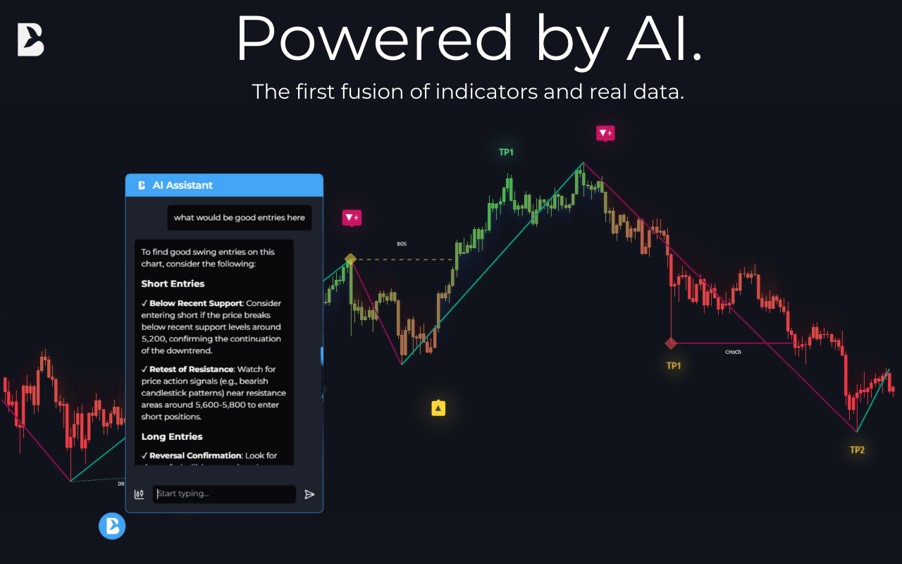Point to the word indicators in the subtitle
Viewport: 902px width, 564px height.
pyautogui.click(x=486, y=92)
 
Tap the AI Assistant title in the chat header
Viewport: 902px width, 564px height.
pyautogui.click(x=183, y=185)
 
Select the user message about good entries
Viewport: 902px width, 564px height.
pyautogui.click(x=239, y=217)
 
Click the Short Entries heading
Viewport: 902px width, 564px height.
pyautogui.click(x=173, y=283)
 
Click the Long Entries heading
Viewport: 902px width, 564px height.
pyautogui.click(x=172, y=436)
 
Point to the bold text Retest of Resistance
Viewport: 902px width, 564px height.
pyautogui.click(x=191, y=369)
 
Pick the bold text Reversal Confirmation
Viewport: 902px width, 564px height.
pyautogui.click(x=196, y=455)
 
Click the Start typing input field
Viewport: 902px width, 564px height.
pyautogui.click(x=224, y=493)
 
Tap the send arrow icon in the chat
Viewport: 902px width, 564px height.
pyautogui.click(x=309, y=494)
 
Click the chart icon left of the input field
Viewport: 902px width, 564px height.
pyautogui.click(x=140, y=494)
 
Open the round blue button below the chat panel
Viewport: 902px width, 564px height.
pyautogui.click(x=112, y=526)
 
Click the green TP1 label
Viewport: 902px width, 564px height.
pyautogui.click(x=506, y=152)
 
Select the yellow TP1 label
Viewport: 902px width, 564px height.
pyautogui.click(x=674, y=366)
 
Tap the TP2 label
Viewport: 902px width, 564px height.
pyautogui.click(x=857, y=450)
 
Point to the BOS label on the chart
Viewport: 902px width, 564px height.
pyautogui.click(x=402, y=244)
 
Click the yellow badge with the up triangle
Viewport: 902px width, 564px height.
pyautogui.click(x=438, y=407)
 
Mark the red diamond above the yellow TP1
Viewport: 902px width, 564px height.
pyautogui.click(x=671, y=343)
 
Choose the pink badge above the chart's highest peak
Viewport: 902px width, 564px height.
pyautogui.click(x=605, y=133)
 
